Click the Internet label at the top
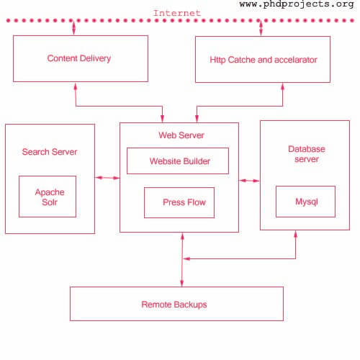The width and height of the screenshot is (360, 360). point(177,13)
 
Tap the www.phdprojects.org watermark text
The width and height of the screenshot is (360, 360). point(297,4)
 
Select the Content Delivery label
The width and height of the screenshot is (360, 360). point(79,58)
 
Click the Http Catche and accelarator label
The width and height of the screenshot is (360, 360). point(264,60)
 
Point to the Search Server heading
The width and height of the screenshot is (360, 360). point(50,152)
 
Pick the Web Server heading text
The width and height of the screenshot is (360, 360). point(181,135)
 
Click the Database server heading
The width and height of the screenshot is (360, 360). point(307,154)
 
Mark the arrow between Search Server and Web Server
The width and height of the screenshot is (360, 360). point(107,178)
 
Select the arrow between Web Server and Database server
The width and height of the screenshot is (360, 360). point(249,181)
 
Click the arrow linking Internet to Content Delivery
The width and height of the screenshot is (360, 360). point(74,27)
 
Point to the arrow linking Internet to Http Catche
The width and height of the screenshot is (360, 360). point(261,28)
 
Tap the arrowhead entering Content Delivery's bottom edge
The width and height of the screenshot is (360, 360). point(76,86)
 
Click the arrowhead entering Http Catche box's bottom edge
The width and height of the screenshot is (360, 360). point(282,87)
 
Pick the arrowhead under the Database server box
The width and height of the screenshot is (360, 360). point(295,234)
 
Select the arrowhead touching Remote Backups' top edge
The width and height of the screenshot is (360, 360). point(182,283)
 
